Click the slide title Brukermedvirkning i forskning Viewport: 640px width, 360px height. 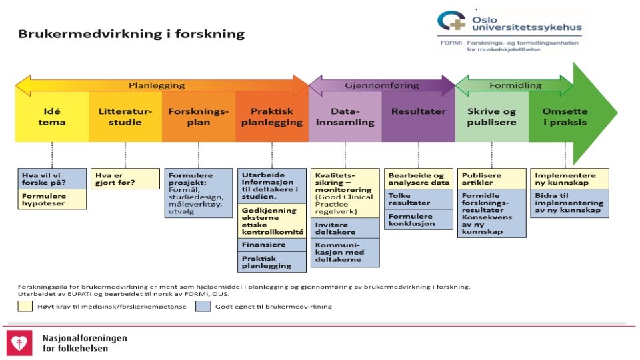(x=131, y=34)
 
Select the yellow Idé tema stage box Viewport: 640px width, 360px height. (x=52, y=117)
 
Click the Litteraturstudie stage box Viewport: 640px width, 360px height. (x=125, y=117)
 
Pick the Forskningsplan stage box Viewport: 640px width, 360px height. (x=198, y=117)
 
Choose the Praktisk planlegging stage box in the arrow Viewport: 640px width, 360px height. (x=271, y=117)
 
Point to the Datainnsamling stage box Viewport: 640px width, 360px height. (x=345, y=117)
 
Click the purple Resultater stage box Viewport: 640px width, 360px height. (x=418, y=112)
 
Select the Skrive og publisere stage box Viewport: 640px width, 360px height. (x=492, y=117)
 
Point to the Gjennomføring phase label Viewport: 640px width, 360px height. (x=381, y=85)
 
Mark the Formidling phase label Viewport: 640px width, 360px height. (x=515, y=85)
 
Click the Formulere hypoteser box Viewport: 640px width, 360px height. (x=52, y=200)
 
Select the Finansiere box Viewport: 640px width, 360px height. (x=272, y=245)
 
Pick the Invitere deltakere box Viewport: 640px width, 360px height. (x=345, y=227)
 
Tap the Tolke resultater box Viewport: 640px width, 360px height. (x=418, y=199)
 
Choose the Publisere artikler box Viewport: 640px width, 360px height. (x=492, y=179)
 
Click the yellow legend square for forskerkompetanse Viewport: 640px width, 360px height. (x=25, y=306)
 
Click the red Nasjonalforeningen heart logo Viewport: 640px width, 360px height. (x=20, y=343)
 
